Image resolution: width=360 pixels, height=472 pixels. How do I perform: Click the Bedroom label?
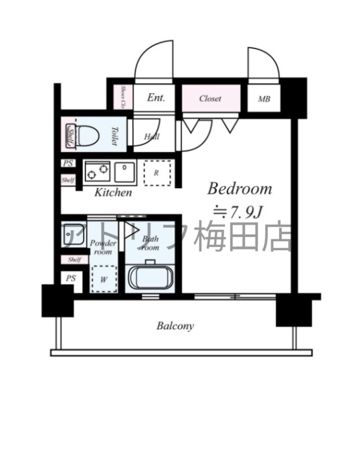pyautogui.click(x=240, y=189)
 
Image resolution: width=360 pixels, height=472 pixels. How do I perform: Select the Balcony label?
pyautogui.click(x=175, y=326)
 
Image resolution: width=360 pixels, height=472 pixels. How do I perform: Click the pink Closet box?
pyautogui.click(x=211, y=99)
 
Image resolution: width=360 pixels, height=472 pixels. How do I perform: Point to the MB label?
pyautogui.click(x=264, y=99)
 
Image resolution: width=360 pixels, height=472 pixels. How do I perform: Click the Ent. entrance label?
pyautogui.click(x=156, y=99)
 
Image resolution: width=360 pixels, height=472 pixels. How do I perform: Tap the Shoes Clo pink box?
pyautogui.click(x=123, y=97)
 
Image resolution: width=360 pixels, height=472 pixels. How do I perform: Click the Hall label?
pyautogui.click(x=152, y=137)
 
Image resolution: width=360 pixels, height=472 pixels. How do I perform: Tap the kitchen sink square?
pyautogui.click(x=126, y=171)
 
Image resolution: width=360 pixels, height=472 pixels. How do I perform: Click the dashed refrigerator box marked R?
pyautogui.click(x=158, y=173)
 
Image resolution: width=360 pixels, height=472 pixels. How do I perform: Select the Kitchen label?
pyautogui.click(x=114, y=193)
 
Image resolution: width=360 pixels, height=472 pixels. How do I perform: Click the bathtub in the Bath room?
pyautogui.click(x=149, y=277)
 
